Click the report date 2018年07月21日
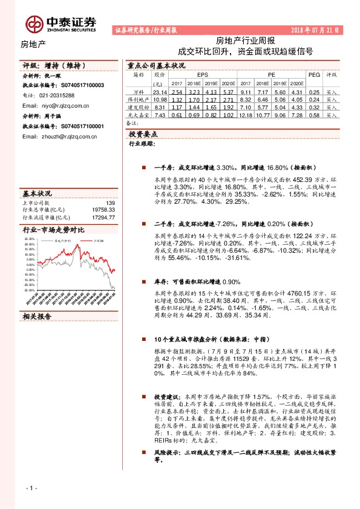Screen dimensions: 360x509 [315, 29]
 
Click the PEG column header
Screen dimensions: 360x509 [313, 74]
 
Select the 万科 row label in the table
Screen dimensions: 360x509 [139, 91]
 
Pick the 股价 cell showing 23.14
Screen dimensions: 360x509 [160, 91]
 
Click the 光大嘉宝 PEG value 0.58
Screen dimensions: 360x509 [313, 114]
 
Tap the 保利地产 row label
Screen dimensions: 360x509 [139, 99]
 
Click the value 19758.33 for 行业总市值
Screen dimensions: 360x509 [102, 209]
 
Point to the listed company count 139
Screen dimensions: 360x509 [110, 203]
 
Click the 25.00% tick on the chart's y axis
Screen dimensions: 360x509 [30, 239]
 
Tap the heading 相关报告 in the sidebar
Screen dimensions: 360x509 [38, 316]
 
